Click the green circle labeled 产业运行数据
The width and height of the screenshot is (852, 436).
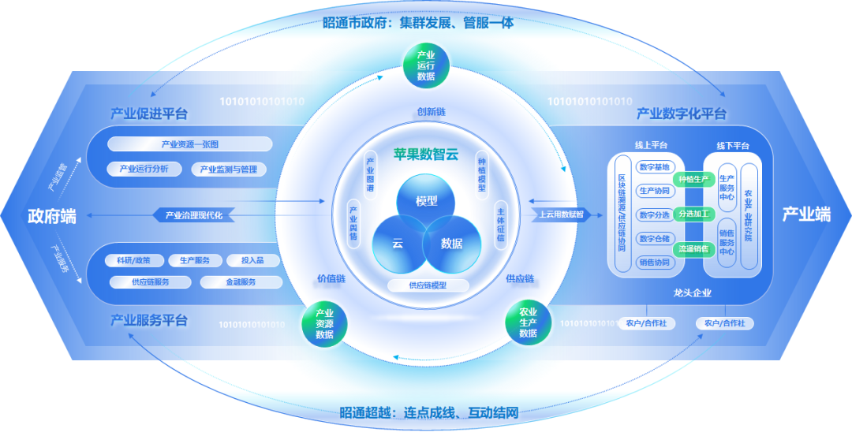coord(426,65)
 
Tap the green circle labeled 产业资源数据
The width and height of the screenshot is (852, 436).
coord(324,323)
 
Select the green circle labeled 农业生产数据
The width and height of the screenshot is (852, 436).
coord(528,322)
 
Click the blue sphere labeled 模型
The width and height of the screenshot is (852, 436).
coord(427,202)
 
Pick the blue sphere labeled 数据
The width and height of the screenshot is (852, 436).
coord(452,244)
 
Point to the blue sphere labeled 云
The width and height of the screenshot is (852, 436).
coord(399,244)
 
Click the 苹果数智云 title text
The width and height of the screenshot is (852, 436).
coord(426,155)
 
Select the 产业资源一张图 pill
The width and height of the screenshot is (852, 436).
coord(190,144)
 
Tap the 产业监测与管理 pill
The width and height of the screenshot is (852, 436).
coord(229,169)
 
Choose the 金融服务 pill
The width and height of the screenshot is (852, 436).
coord(241,281)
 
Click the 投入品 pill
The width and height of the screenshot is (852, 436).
coord(253,260)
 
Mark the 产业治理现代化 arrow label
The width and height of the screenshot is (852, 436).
coord(193,214)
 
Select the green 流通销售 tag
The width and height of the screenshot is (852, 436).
coord(693,248)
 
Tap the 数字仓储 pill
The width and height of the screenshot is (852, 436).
coord(654,238)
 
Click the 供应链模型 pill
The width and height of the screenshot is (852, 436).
coord(428,285)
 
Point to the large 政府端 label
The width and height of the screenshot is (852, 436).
coord(52,215)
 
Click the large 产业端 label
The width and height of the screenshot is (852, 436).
coord(806,214)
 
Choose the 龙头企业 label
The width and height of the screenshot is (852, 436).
coord(693,293)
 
